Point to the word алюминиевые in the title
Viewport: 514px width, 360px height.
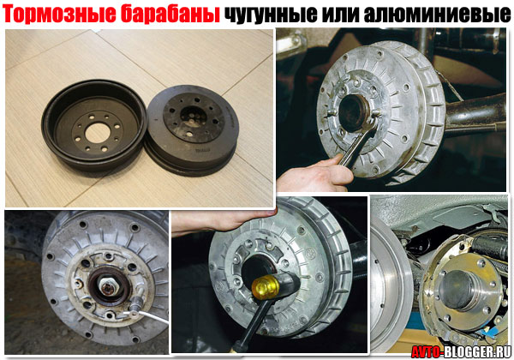point(437,15)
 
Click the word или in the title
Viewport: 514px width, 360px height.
point(340,15)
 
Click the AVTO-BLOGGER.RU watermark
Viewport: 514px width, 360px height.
point(462,351)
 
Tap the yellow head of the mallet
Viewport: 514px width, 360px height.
point(266,286)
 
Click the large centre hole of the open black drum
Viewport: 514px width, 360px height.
point(98,133)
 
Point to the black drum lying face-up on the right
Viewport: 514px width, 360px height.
point(192,129)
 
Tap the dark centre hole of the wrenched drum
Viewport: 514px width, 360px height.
point(352,111)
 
